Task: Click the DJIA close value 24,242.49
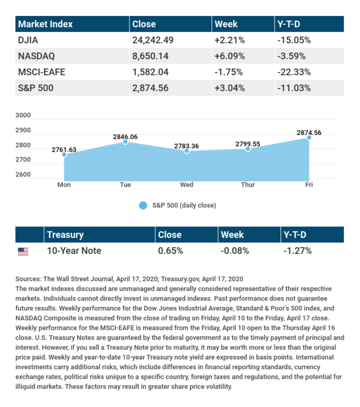(153, 40)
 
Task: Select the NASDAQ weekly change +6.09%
(229, 56)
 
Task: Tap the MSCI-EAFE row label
(41, 72)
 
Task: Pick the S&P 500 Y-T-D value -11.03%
(293, 88)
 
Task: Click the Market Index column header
(45, 24)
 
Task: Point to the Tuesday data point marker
(125, 142)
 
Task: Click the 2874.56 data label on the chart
(309, 133)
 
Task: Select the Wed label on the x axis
(186, 185)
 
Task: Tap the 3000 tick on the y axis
(23, 116)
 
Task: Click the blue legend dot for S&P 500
(143, 205)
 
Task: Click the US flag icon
(23, 251)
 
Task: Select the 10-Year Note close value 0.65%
(170, 251)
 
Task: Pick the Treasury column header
(65, 235)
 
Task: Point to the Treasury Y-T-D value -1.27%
(297, 251)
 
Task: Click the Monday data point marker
(64, 154)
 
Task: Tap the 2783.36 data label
(186, 146)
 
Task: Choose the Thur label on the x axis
(248, 185)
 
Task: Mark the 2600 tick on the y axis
(23, 174)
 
